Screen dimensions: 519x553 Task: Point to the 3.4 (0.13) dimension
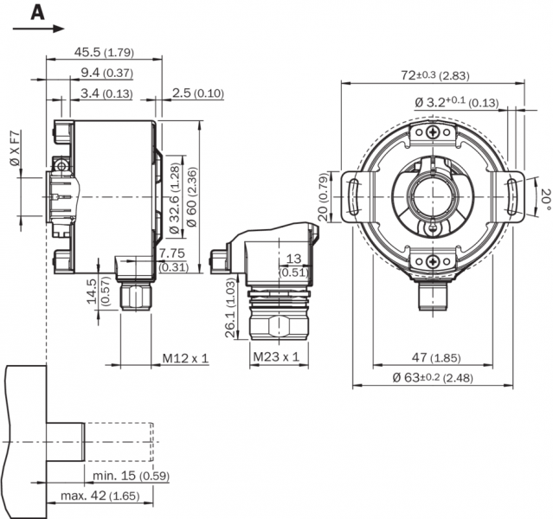coord(107,93)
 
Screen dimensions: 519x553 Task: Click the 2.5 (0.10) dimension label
coord(198,93)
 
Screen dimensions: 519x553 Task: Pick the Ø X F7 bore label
coord(14,148)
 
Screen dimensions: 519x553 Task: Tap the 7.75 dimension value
coord(172,253)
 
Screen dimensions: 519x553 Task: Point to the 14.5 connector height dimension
coord(91,292)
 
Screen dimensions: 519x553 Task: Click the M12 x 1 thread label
coord(185,356)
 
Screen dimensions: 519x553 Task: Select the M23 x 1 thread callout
coord(276,356)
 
